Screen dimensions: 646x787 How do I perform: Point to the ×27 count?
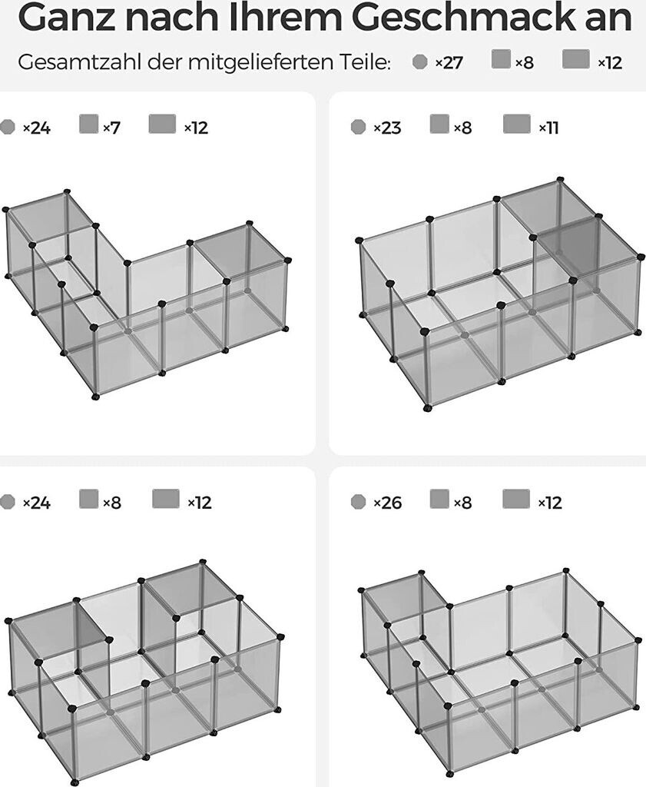pos(449,63)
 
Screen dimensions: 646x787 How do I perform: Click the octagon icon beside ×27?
pos(420,61)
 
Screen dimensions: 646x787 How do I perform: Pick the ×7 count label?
pos(111,128)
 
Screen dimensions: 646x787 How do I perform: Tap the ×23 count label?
pos(387,128)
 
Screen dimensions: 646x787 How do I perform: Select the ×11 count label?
pos(548,128)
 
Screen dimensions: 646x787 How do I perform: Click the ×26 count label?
pos(388,503)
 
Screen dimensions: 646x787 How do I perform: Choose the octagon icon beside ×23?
pos(358,127)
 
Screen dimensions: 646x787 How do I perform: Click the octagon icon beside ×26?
pos(358,501)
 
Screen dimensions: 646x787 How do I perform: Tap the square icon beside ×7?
pos(89,124)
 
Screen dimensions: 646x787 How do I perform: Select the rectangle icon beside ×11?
pos(517,124)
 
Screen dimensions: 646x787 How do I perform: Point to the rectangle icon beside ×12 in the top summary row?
pos(576,58)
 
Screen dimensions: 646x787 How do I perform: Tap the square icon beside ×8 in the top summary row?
pos(501,58)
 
